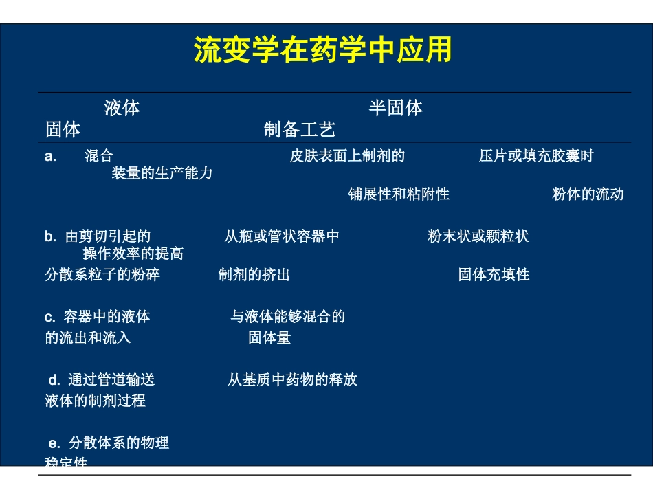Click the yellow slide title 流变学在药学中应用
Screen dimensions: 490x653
tap(323, 51)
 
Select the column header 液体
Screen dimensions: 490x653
tap(122, 108)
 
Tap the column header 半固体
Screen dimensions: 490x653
tap(395, 108)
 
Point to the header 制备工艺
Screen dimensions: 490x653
tap(300, 129)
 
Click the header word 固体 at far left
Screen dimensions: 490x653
tap(63, 129)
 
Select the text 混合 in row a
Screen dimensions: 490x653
tap(99, 156)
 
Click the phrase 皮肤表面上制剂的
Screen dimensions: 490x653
tap(347, 156)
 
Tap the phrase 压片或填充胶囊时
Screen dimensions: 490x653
tap(536, 156)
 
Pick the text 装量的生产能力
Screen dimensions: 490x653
tap(162, 173)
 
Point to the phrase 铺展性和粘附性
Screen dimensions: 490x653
tap(399, 194)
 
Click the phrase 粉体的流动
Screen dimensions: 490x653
tap(588, 194)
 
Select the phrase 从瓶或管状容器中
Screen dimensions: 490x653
tap(282, 237)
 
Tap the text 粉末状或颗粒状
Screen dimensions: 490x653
tap(478, 237)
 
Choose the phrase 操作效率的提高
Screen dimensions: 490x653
tap(133, 254)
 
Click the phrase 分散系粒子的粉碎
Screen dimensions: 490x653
tap(102, 276)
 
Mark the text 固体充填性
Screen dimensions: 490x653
tap(494, 276)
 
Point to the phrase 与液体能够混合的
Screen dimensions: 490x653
tap(287, 317)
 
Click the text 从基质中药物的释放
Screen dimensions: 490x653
tap(293, 380)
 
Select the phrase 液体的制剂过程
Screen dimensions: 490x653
tap(96, 401)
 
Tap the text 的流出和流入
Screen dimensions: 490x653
tap(88, 338)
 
